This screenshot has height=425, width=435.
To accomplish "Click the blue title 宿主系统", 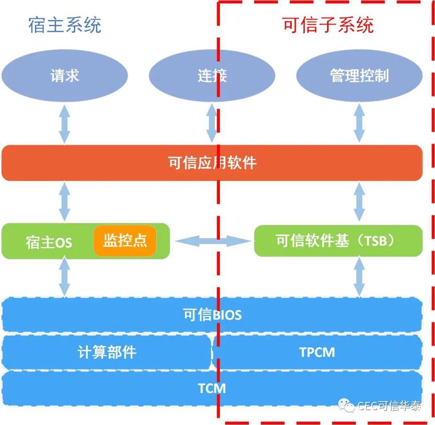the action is coord(65,25).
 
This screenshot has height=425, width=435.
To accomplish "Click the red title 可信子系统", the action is coord(328,25).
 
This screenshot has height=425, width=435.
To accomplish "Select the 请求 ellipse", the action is coord(64,75).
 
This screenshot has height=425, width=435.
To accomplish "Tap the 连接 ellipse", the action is coord(212,75).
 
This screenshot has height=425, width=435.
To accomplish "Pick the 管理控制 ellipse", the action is coord(359,75).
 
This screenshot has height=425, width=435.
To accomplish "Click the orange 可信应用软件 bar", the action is coord(212,163).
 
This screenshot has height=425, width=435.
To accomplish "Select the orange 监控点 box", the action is coord(125,240).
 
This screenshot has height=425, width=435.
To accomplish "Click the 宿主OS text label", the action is coord(49,243).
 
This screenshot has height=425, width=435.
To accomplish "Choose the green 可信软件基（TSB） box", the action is coord(338,241).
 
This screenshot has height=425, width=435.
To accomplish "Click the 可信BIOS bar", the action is coord(212,314).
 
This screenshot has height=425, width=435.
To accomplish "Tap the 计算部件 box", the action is coord(106,352).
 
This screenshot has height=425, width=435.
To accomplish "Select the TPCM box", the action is coord(317,352).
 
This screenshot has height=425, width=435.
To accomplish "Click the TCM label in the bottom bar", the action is coord(212,388).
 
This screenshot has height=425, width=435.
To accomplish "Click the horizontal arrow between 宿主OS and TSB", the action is coord(213,241).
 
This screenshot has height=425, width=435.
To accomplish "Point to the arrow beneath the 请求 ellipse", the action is coord(64,124).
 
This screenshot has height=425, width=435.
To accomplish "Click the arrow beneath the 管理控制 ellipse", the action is coord(359,123).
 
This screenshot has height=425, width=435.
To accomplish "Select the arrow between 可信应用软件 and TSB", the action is coord(359,202).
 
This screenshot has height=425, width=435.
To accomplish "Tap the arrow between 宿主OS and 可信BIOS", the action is coord(64,277).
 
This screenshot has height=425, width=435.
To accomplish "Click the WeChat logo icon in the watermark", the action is coord(346,406).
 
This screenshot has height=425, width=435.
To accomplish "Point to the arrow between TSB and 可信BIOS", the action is coord(359,277).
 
